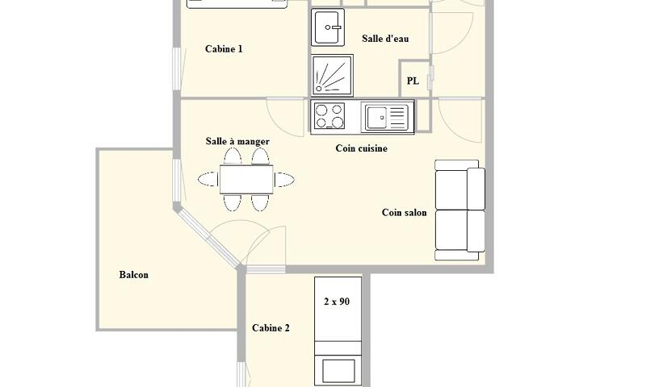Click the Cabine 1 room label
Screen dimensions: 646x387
(224, 49)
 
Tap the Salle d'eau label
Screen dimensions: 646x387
(385, 39)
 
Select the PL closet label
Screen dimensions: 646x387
(413, 81)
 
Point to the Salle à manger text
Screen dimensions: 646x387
(237, 141)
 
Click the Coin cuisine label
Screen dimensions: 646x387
(361, 148)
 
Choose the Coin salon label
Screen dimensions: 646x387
(405, 213)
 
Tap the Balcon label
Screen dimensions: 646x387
(133, 275)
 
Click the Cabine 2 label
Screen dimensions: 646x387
(271, 328)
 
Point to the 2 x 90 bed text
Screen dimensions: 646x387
(337, 302)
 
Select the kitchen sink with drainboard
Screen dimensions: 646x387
(387, 117)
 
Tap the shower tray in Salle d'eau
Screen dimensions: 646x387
(332, 76)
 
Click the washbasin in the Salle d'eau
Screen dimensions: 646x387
(328, 27)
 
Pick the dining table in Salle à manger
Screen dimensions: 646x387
(246, 179)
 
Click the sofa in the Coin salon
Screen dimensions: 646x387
(459, 210)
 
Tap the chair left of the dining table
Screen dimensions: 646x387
(208, 179)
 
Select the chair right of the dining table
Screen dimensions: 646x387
(284, 179)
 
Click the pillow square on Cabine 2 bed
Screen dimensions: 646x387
(338, 371)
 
